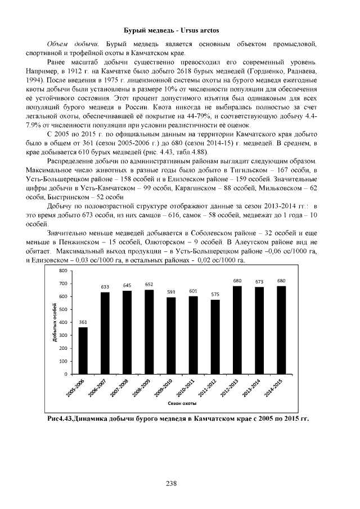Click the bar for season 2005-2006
coord(83,350)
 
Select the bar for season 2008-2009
coord(149,332)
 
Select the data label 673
coord(259,282)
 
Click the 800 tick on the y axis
coord(63,271)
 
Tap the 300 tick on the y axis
coord(63,335)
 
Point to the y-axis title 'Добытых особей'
coord(55,322)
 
